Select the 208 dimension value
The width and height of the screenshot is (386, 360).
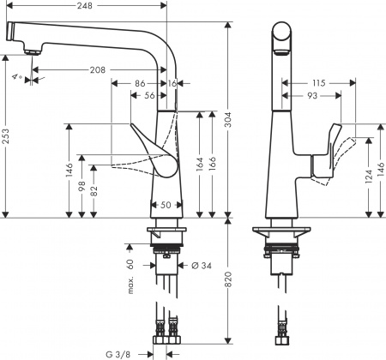point(98,70)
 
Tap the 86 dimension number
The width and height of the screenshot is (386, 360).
point(140,83)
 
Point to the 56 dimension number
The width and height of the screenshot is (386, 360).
point(150,97)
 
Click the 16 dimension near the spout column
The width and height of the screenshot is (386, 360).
point(173,83)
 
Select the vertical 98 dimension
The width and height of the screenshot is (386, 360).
point(81,188)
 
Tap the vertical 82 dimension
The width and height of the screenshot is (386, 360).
point(93,193)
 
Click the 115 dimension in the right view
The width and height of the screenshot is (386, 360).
point(318,82)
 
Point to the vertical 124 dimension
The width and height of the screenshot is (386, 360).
point(369,177)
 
